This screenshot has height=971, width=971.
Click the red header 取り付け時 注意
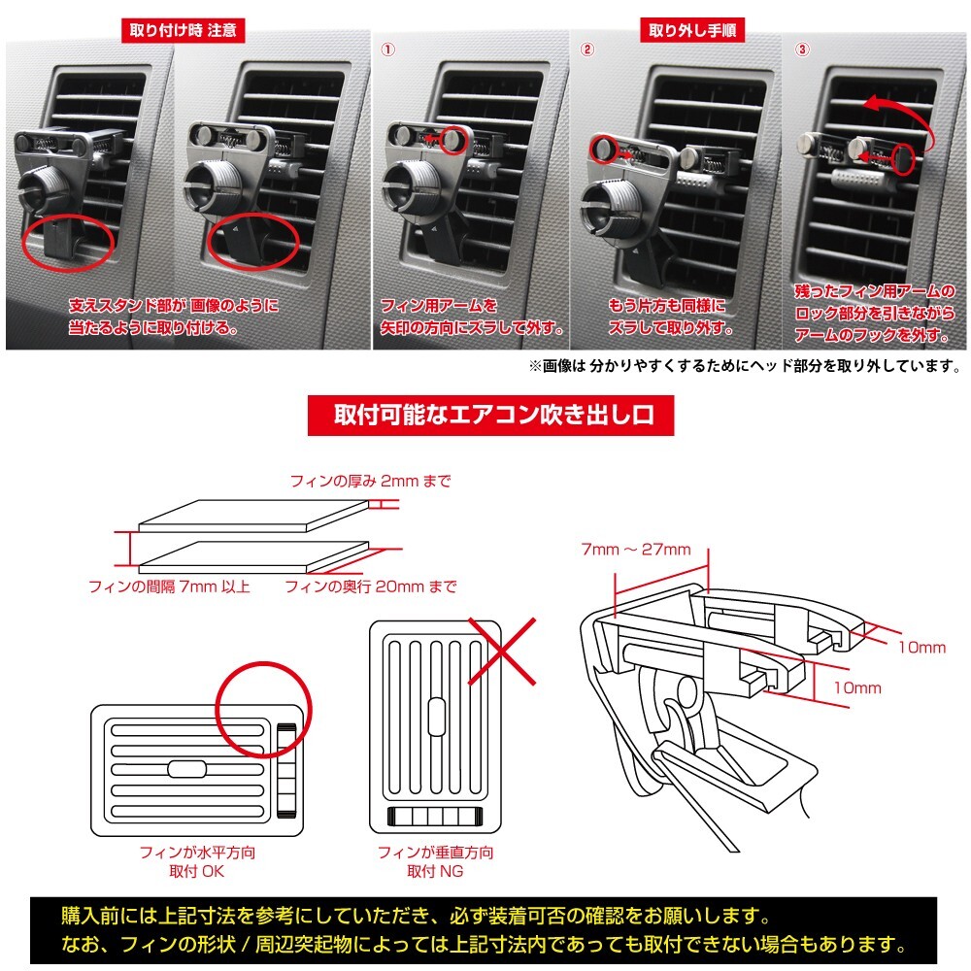point(184,29)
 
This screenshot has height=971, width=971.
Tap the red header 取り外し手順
point(692,29)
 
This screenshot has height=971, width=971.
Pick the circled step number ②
point(586,49)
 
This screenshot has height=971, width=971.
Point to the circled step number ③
point(801,49)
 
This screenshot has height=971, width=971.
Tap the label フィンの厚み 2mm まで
point(371,481)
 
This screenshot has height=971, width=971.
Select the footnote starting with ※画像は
point(744,366)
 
